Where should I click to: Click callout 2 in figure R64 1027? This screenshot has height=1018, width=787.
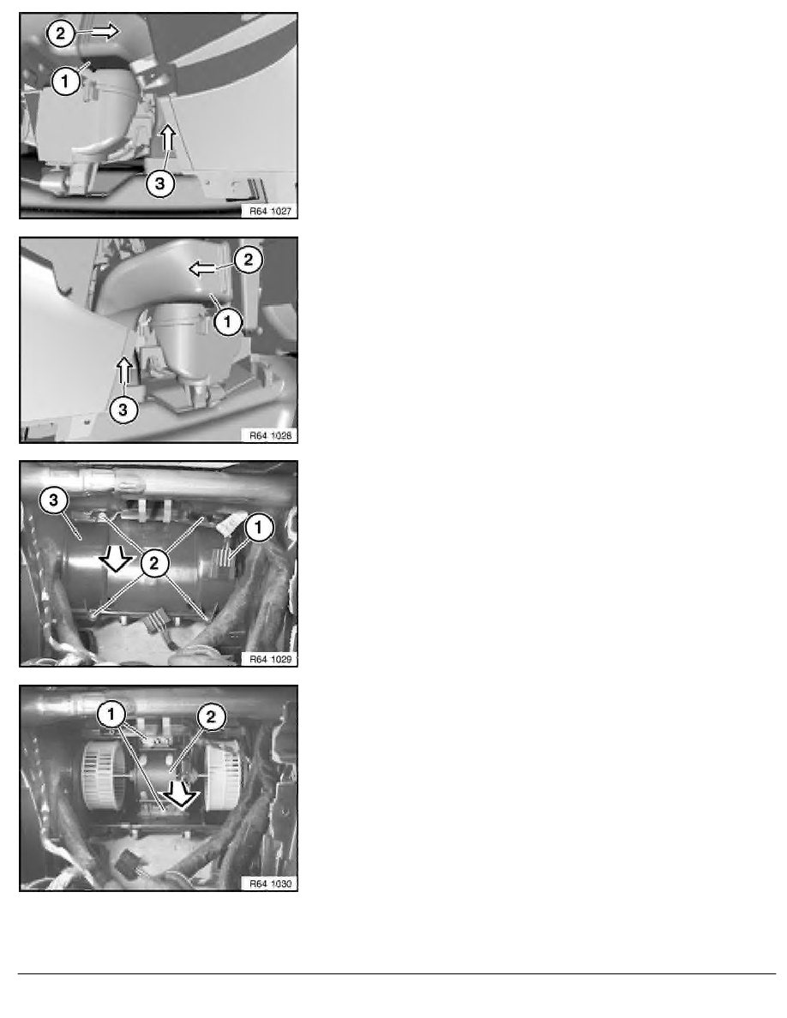coord(61,33)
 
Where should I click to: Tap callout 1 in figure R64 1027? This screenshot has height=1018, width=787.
coord(65,81)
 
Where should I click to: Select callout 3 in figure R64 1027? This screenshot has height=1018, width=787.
coord(159,183)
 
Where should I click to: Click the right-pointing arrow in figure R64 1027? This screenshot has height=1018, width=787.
coord(105,31)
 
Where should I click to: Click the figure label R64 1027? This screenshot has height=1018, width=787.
coord(270,211)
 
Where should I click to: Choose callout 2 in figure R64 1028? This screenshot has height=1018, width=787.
coord(248,260)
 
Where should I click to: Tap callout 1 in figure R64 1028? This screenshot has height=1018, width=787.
coord(228,321)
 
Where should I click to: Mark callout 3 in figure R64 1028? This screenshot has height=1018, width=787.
coord(123,410)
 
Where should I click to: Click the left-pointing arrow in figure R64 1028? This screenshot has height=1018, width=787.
coord(203,268)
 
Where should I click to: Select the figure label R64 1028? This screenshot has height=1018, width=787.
coord(270,435)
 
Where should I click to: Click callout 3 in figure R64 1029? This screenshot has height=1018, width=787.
coord(54,500)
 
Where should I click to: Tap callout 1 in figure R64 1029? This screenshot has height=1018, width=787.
coord(258,527)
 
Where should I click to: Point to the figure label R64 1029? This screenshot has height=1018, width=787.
coord(270,659)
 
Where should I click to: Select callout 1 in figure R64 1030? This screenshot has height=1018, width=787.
coord(111,716)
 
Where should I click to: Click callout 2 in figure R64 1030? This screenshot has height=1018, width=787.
coord(210,717)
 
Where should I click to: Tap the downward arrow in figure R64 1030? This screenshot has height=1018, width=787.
coord(181,792)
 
